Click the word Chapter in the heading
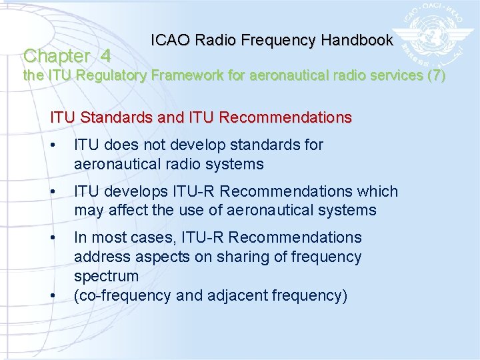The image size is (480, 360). tap(57, 56)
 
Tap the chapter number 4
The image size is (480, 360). tap(105, 56)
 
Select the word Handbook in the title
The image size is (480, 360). tap(357, 40)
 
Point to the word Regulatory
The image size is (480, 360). tap(113, 75)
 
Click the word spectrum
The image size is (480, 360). tap(106, 276)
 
